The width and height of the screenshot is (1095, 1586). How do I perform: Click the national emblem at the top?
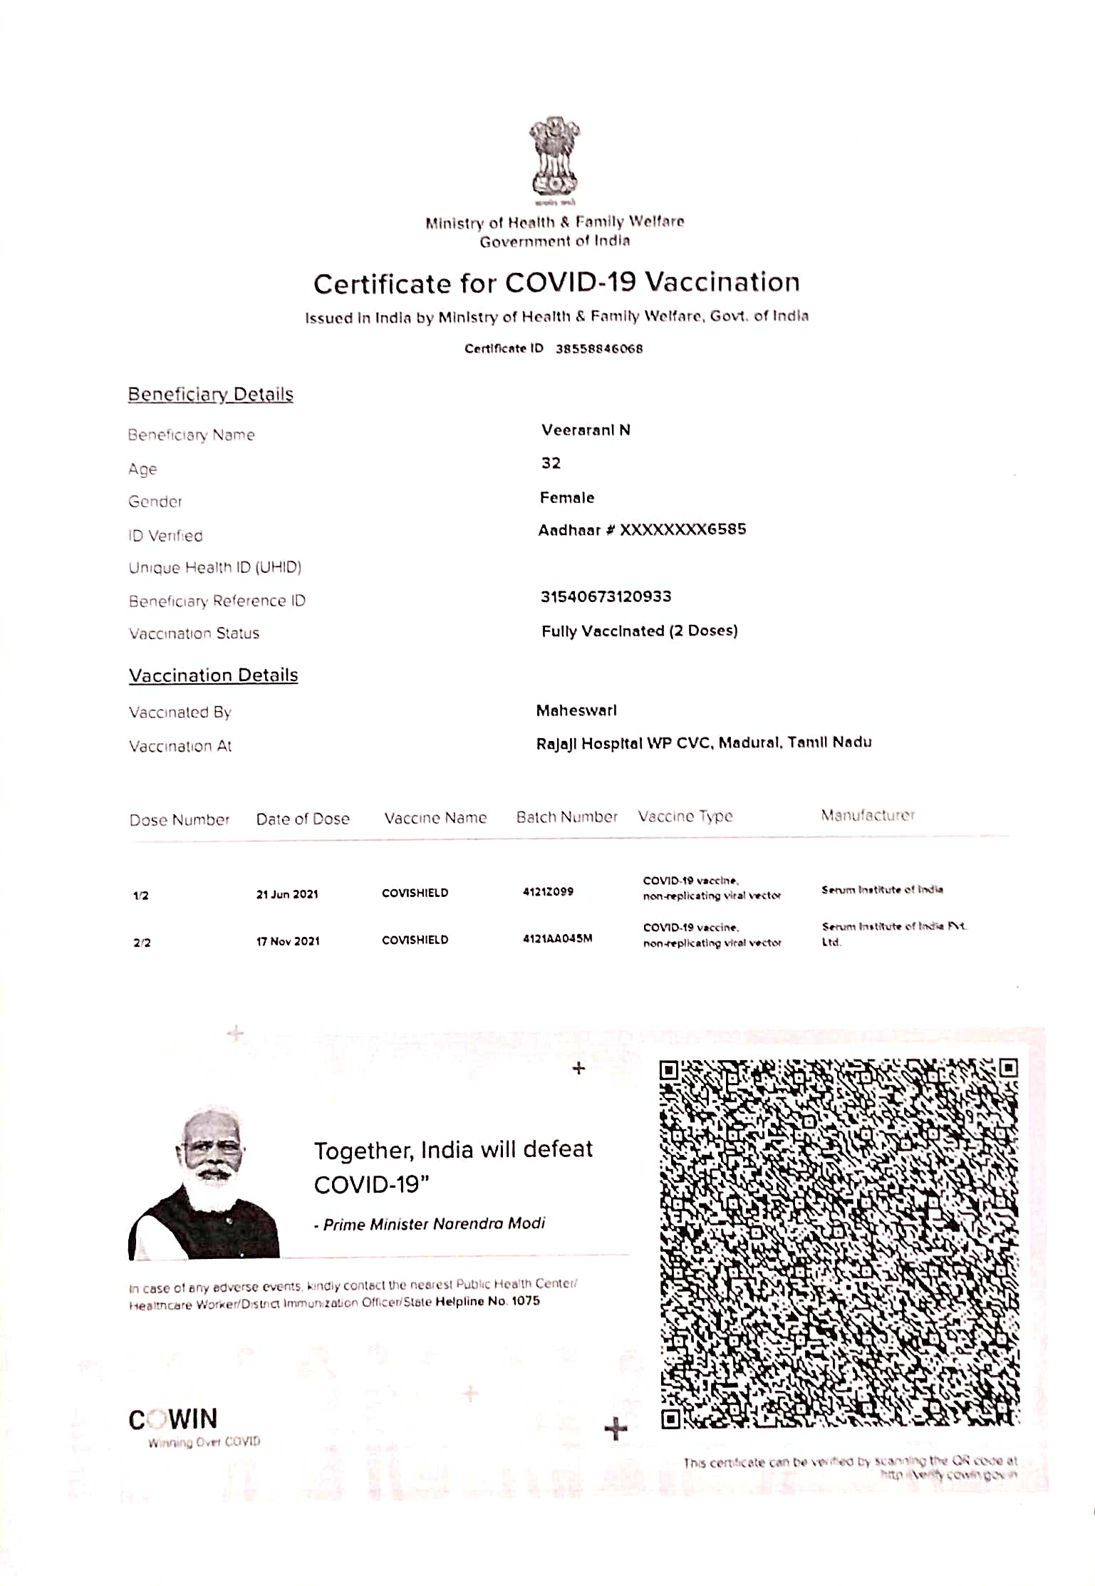[554, 158]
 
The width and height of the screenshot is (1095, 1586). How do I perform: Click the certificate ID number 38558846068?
[599, 348]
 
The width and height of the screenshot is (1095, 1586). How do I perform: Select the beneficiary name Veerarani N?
[586, 430]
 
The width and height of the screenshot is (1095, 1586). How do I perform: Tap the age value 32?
[551, 463]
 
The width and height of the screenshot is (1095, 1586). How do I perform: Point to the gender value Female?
[567, 497]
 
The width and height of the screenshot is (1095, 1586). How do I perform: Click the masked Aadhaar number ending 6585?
[683, 529]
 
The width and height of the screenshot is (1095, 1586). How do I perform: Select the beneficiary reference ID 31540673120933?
[606, 596]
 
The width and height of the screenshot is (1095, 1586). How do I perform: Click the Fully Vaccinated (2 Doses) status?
[639, 631]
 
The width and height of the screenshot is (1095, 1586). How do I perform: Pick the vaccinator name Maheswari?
[576, 710]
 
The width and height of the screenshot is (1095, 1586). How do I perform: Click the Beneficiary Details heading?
[210, 394]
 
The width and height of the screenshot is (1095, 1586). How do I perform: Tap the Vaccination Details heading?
[213, 675]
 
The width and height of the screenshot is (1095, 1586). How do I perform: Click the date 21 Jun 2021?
[287, 894]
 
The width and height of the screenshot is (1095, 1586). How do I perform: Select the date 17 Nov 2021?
[288, 941]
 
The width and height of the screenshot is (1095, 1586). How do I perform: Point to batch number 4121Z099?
[548, 891]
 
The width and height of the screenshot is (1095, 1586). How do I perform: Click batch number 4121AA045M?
[557, 938]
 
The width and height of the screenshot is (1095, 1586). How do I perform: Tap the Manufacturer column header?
[868, 815]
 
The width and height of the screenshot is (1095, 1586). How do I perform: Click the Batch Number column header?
[567, 817]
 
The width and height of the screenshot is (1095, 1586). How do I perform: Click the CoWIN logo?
[173, 1419]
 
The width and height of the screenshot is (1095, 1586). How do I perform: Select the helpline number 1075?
[526, 1301]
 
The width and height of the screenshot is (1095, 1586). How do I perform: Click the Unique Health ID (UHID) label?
[215, 567]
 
